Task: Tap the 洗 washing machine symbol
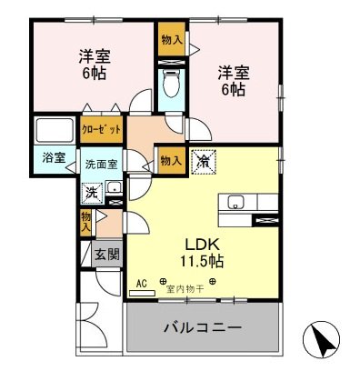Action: tap(92, 193)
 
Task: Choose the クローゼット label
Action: tap(100, 129)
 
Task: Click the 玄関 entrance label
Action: tap(105, 256)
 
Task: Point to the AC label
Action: tap(141, 283)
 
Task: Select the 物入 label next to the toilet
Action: tap(168, 40)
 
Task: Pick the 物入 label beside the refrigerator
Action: tap(170, 161)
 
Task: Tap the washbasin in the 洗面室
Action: tap(115, 190)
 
